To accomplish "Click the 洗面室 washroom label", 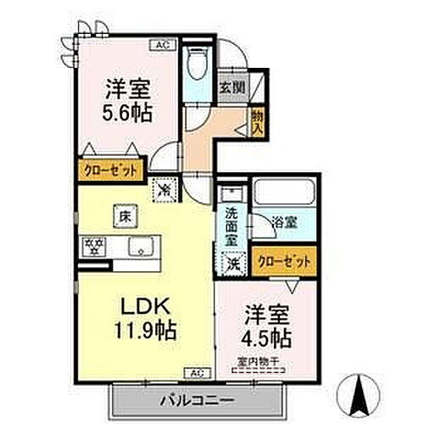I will [231, 227].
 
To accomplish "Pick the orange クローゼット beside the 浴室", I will [282, 262].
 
